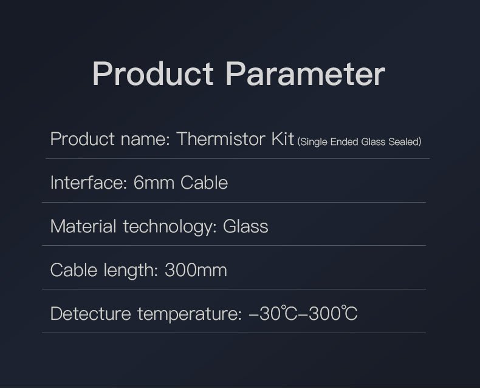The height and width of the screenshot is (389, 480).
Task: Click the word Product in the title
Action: pos(153,74)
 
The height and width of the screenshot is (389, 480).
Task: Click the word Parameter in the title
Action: pos(305,74)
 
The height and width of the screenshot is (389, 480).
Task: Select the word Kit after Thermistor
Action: pos(281,139)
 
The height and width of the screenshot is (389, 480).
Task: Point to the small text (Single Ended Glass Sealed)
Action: pos(359,142)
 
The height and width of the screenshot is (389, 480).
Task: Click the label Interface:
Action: pos(89,183)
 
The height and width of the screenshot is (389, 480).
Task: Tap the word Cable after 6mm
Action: pos(204,183)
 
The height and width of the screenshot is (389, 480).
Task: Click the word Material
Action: pos(83,226)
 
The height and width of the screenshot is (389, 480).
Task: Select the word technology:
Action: pos(170,227)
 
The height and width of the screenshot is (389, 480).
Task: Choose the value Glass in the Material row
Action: pos(245,226)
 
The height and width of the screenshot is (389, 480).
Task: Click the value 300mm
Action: pos(196,270)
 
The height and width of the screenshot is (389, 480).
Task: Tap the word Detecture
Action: pos(91,314)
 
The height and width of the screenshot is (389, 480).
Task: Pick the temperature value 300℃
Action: pos(333,314)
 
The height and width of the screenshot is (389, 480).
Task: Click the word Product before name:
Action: pos(83,139)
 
